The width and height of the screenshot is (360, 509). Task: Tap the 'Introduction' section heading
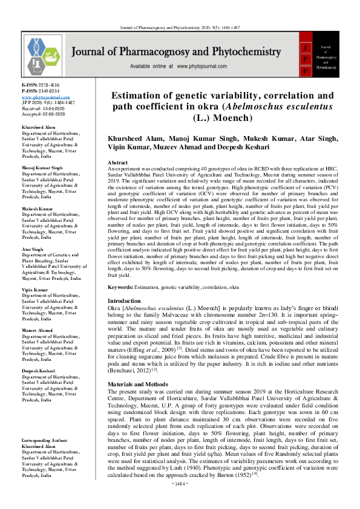point(124,300)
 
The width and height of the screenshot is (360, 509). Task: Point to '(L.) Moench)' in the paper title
point(223,118)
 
